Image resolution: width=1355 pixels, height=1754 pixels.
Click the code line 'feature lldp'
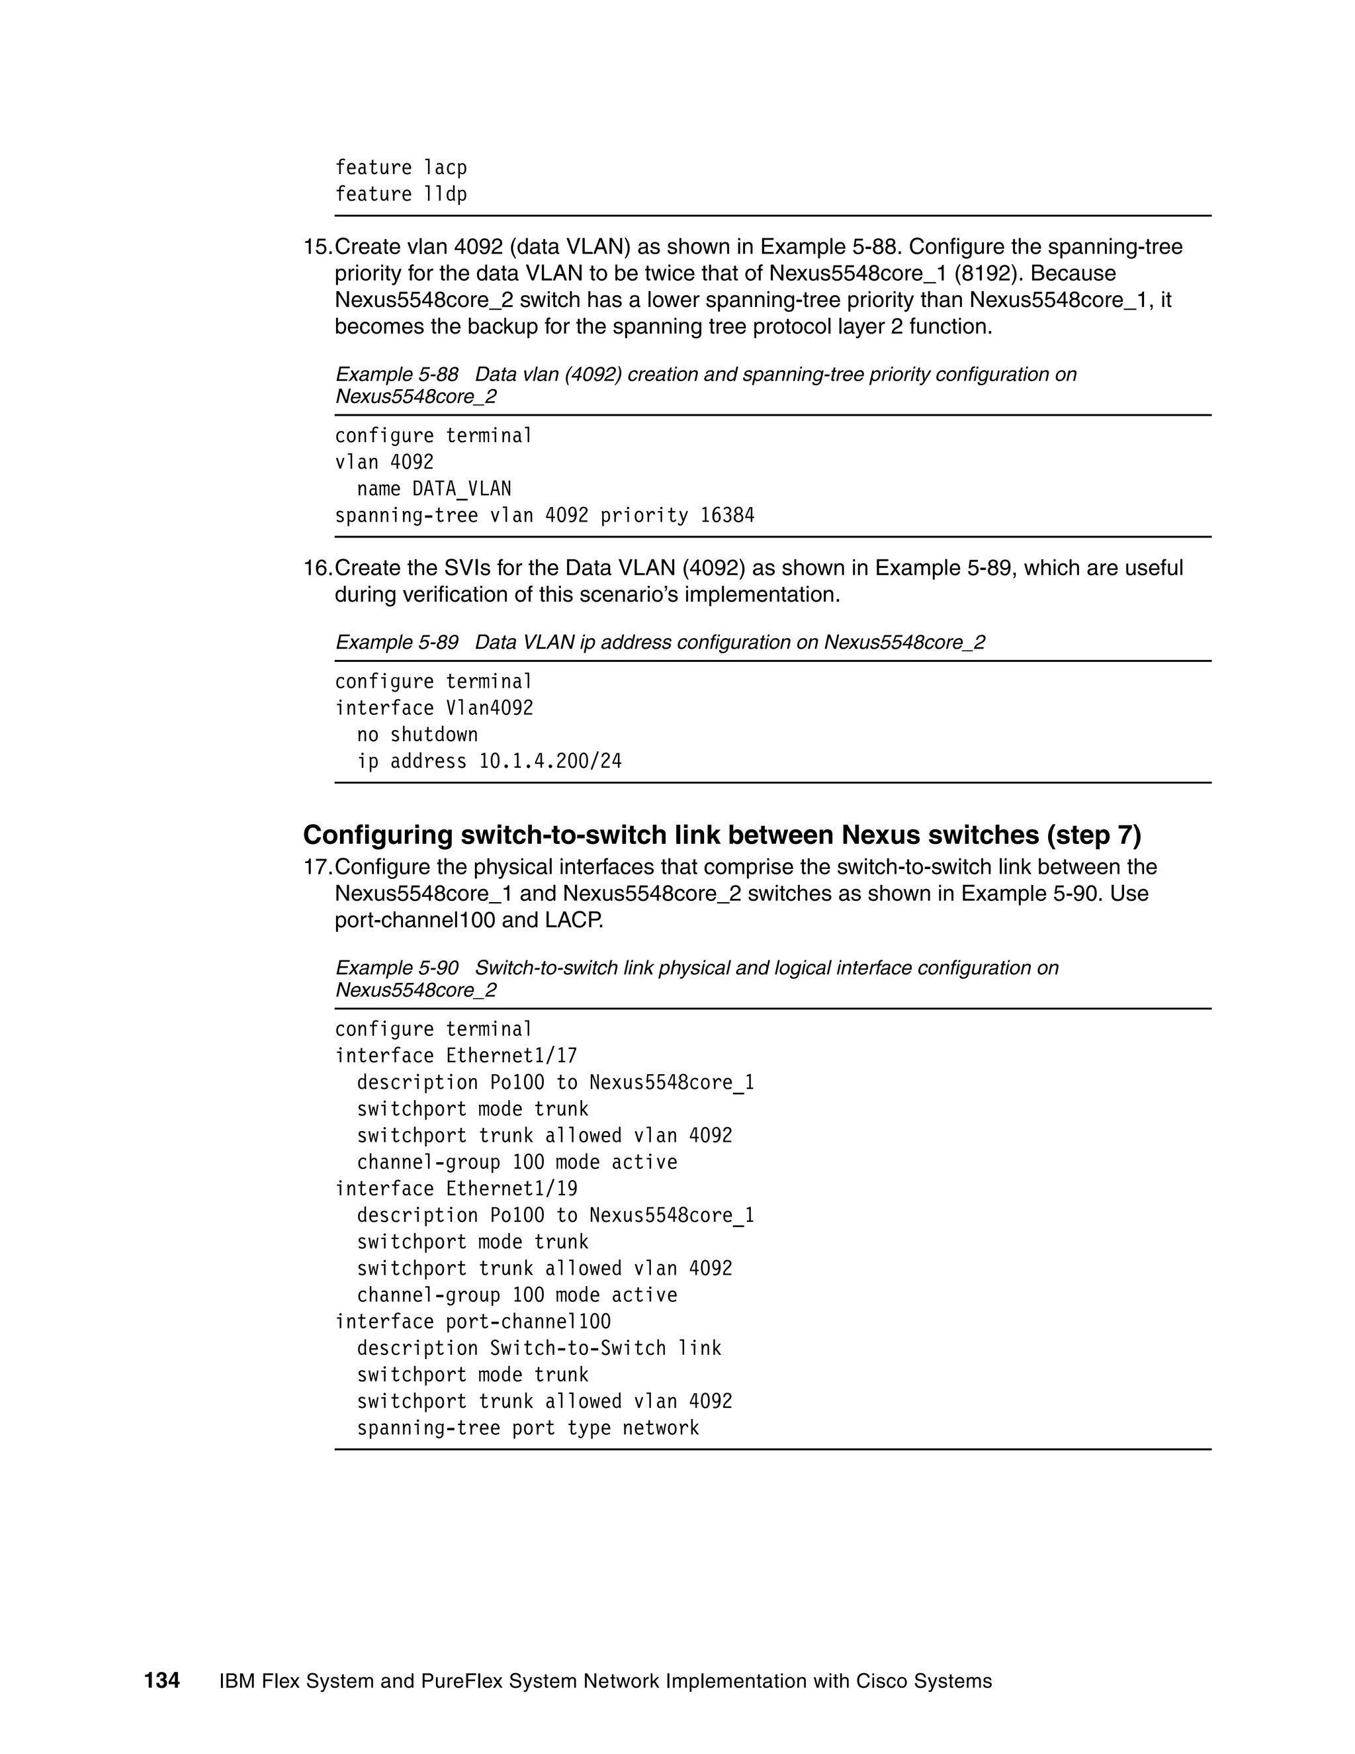point(400,195)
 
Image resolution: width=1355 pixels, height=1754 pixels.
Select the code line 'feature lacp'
point(400,168)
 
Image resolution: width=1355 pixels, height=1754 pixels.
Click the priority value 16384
point(726,516)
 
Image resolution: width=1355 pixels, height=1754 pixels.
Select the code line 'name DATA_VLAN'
point(433,489)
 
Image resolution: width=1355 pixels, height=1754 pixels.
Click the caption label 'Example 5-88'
point(396,374)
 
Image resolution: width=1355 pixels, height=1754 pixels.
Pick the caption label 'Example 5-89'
point(396,643)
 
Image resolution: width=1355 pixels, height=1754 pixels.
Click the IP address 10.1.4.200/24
point(550,761)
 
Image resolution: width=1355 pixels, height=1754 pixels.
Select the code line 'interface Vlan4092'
point(433,708)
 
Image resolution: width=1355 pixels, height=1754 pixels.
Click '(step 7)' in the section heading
point(1093,835)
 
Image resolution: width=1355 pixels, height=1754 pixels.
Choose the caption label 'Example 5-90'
point(396,968)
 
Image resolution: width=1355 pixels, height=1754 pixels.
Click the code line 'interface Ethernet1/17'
point(455,1056)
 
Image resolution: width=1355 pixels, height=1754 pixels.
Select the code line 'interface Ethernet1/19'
point(455,1189)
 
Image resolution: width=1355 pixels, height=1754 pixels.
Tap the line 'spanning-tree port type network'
point(527,1428)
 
